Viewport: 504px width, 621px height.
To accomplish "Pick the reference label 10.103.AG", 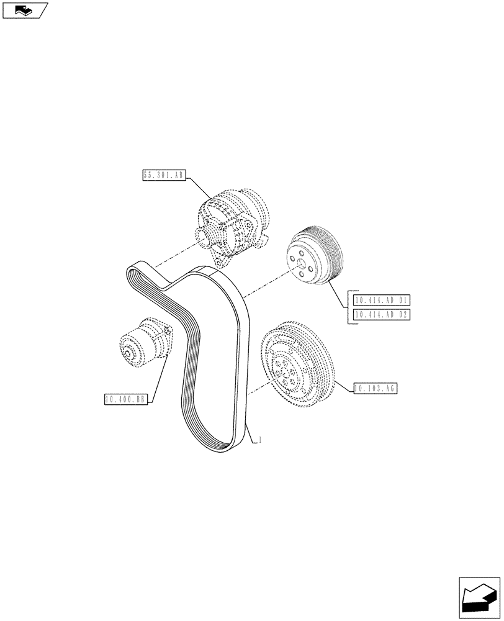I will point(374,389).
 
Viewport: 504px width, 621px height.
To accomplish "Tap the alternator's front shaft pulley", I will point(204,236).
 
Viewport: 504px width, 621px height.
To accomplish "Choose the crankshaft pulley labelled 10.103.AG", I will point(298,363).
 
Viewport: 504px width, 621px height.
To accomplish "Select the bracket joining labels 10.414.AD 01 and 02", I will point(350,308).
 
